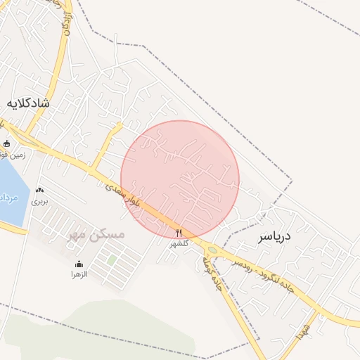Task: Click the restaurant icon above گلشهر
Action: coord(179,233)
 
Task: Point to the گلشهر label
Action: coord(179,243)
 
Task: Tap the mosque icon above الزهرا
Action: coord(78,264)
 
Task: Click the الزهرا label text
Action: coord(78,274)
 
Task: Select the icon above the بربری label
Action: coord(39,190)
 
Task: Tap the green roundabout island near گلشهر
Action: coord(212,250)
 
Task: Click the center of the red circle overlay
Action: coord(180,179)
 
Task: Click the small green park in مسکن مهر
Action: coord(112,260)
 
